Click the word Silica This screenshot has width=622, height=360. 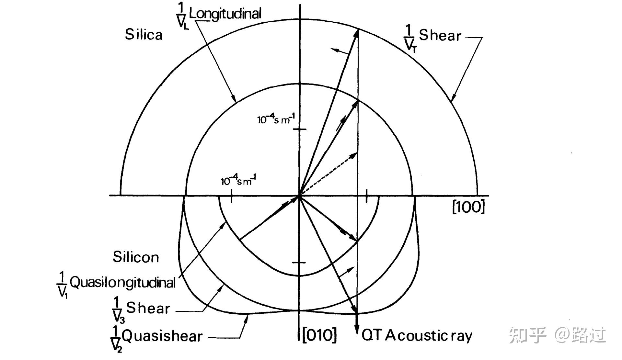pos(144,35)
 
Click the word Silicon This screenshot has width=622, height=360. pos(136,257)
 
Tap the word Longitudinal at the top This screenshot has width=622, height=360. pos(225,14)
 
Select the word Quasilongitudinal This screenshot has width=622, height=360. pos(122,282)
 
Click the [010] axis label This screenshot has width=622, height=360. pos(319,335)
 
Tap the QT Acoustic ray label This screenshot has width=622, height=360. pos(417,335)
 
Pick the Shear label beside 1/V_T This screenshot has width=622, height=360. pos(440,35)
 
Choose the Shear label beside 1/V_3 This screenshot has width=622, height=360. pos(148,308)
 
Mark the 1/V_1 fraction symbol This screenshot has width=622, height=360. pos(62,285)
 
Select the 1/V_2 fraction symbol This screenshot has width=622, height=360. pos(116,339)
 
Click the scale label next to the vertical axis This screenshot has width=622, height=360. pos(276,119)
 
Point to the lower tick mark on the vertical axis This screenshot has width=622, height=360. pos(299,263)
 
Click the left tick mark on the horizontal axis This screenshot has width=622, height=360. pos(231,196)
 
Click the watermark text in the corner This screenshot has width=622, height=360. pos(557,335)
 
